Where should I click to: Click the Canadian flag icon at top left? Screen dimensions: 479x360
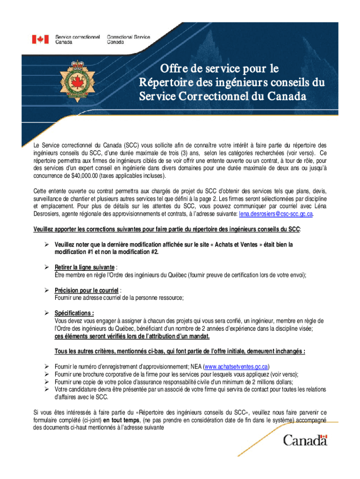pyautogui.click(x=40, y=39)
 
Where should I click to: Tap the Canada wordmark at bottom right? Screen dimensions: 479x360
pyautogui.click(x=305, y=440)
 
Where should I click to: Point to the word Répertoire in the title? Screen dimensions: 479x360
pyautogui.click(x=166, y=83)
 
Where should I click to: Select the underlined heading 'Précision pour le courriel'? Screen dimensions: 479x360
pyautogui.click(x=80, y=290)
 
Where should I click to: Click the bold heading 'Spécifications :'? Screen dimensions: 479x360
pyautogui.click(x=74, y=313)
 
